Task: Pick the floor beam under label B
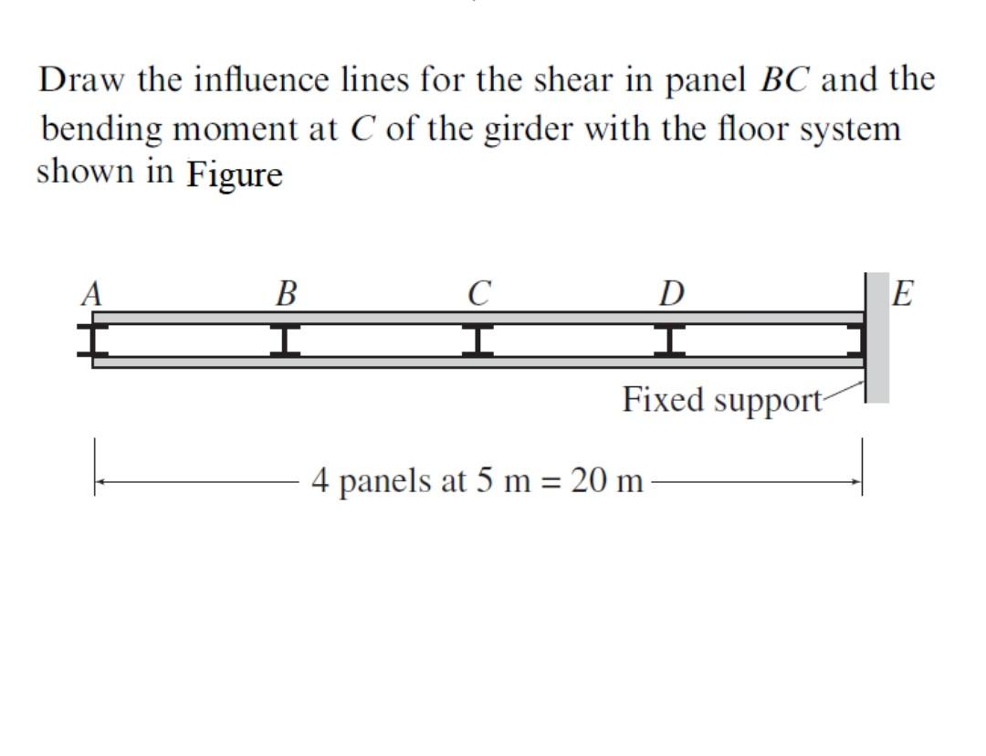[x=286, y=340]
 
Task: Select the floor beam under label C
[x=477, y=340]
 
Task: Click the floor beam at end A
[x=91, y=340]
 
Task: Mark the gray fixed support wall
[x=876, y=338]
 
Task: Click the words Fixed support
[x=721, y=400]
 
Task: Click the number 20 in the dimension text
[x=589, y=480]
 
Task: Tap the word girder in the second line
[x=539, y=128]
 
